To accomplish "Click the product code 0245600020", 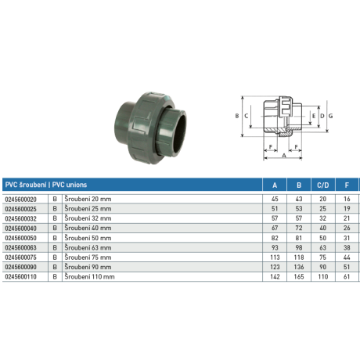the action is tap(21, 200).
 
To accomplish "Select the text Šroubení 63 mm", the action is tap(88, 247).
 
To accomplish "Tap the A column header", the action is tap(275, 185).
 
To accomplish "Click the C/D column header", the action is tap(323, 185).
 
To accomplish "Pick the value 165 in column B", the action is tap(299, 276).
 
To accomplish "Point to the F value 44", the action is tap(347, 257).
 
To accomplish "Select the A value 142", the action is tap(275, 276).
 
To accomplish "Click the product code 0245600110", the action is tap(21, 276).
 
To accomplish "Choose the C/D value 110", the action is tap(323, 276).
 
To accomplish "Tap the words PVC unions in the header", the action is tap(70, 185).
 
